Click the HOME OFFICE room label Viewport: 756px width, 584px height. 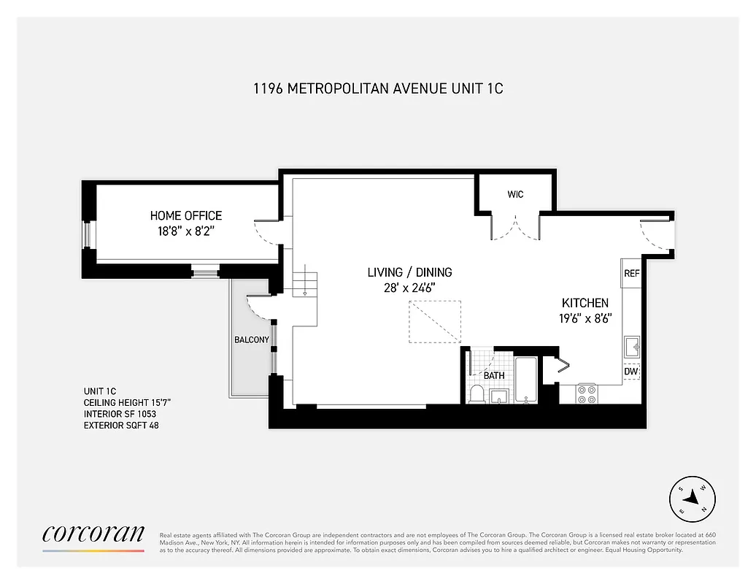(x=185, y=216)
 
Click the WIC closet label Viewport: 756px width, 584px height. (x=515, y=194)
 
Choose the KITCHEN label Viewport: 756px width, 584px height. (x=585, y=303)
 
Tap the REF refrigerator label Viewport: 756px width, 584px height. (x=631, y=274)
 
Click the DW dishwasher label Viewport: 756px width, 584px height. (x=631, y=371)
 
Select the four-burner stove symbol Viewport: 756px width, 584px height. (x=587, y=393)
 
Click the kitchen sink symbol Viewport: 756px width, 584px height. (x=632, y=345)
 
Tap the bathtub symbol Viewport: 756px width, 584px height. (x=525, y=380)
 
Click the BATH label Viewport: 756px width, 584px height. (x=494, y=376)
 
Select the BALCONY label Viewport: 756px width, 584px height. (x=252, y=340)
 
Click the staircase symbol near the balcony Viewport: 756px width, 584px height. (x=305, y=283)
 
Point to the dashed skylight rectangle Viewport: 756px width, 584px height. (x=435, y=322)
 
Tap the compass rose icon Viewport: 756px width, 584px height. (x=692, y=500)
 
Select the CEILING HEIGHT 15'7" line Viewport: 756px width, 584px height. (x=128, y=403)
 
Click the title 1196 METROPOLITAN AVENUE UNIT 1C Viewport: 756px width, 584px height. (x=378, y=89)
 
